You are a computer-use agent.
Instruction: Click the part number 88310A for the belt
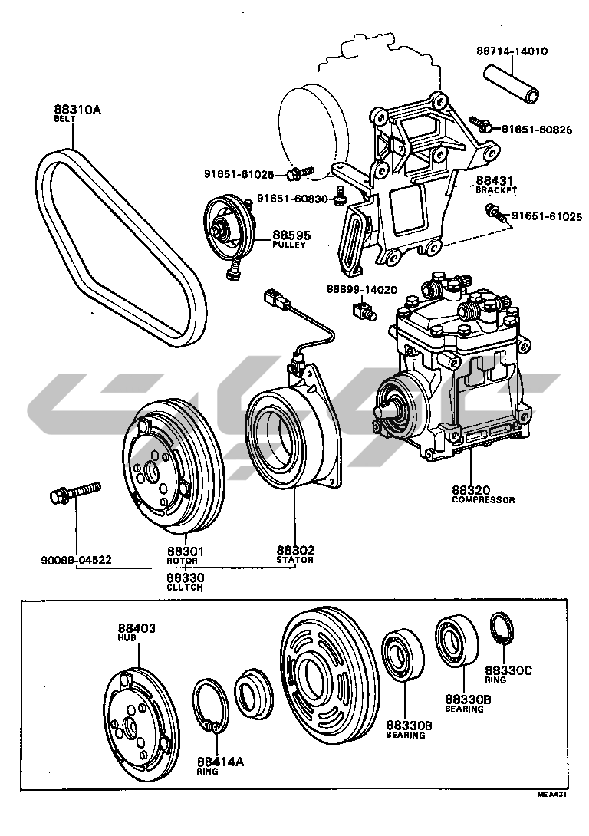(77, 110)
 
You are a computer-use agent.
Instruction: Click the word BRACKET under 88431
(496, 189)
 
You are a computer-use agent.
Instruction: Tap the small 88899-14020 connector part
(361, 311)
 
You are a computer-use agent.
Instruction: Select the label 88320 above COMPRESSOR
(470, 489)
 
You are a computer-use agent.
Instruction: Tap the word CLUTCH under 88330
(185, 587)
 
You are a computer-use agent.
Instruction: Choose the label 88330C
(508, 671)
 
